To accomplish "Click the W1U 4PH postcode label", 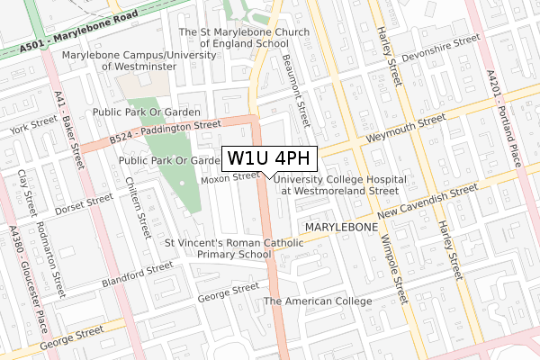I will point(269,157).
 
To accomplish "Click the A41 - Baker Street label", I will point(70,129).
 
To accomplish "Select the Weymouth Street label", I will point(406,130).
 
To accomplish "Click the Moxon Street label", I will point(229,177).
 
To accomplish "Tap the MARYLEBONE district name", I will point(341,227).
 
